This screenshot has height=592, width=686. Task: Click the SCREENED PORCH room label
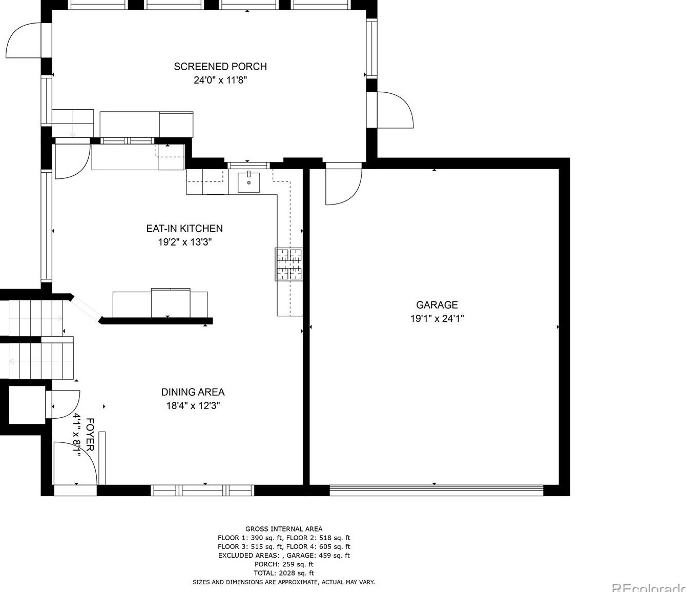(220, 67)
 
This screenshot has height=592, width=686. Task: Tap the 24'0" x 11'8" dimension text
(220, 80)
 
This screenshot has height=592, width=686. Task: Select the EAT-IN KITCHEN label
(184, 229)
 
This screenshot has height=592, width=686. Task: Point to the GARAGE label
(437, 305)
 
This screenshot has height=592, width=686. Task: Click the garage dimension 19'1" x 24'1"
(437, 319)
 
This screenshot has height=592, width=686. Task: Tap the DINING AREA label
(193, 392)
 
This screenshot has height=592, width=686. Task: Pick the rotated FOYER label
(90, 434)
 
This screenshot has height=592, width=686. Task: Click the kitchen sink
(249, 182)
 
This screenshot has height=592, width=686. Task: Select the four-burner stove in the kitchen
(289, 264)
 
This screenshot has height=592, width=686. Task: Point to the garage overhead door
(436, 491)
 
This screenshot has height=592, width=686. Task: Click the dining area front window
(202, 491)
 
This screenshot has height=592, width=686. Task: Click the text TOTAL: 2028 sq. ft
(284, 573)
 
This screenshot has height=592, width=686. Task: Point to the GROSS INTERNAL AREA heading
(284, 528)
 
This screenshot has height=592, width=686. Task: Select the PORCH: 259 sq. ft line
(284, 564)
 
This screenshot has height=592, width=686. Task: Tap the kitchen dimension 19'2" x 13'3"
(184, 242)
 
